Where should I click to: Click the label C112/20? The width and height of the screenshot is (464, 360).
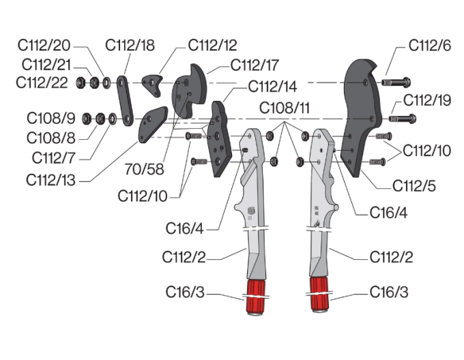[45, 46]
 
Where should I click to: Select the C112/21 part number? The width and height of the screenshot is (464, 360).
[46, 65]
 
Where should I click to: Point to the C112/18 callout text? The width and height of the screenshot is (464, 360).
[130, 46]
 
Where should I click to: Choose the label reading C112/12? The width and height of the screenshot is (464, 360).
[212, 46]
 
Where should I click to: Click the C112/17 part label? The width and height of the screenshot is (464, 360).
[255, 66]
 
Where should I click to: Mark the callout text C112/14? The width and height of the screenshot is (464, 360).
[272, 87]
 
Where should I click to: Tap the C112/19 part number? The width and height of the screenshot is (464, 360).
[427, 100]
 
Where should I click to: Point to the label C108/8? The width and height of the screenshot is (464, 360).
[50, 137]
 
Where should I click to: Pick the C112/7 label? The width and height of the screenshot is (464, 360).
[55, 158]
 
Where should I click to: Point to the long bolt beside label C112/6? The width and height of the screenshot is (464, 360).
[396, 82]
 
